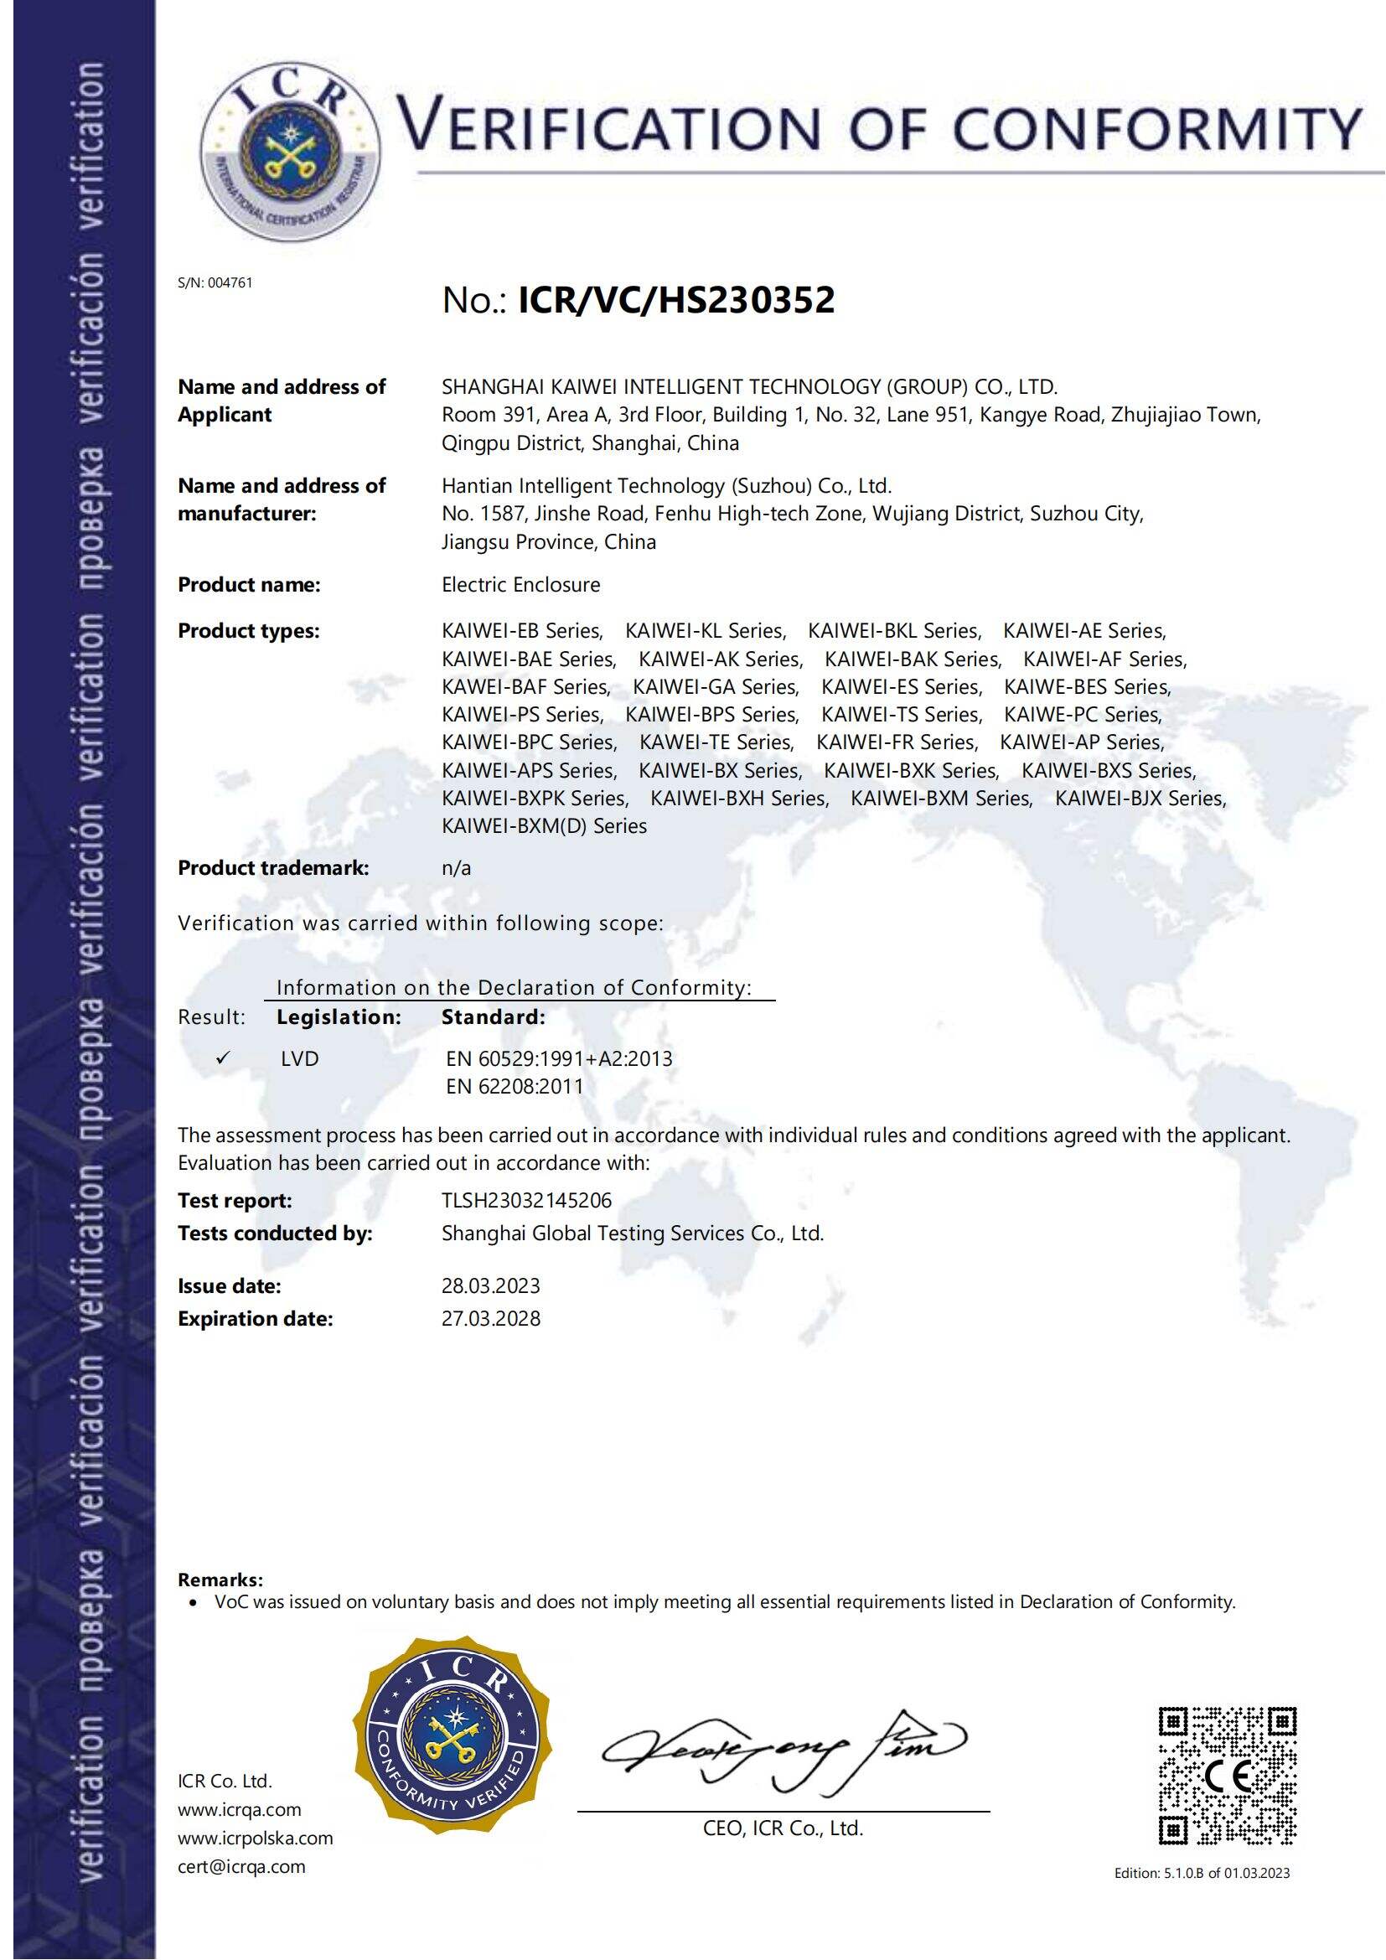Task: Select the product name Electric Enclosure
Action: (520, 585)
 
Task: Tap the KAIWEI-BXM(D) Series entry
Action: (544, 825)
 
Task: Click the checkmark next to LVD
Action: (223, 1058)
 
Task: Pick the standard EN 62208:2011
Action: (515, 1086)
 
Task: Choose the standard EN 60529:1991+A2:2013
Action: (559, 1058)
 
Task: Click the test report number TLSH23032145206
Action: (526, 1200)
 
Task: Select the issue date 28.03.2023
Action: (491, 1285)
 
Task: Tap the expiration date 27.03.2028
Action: (491, 1318)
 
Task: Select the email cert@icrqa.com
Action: (241, 1866)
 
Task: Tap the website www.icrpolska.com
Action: (256, 1838)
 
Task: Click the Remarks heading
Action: (220, 1580)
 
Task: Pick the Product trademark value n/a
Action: (457, 868)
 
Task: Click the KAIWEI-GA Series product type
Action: (715, 686)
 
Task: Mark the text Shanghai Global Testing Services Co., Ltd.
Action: (633, 1233)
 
